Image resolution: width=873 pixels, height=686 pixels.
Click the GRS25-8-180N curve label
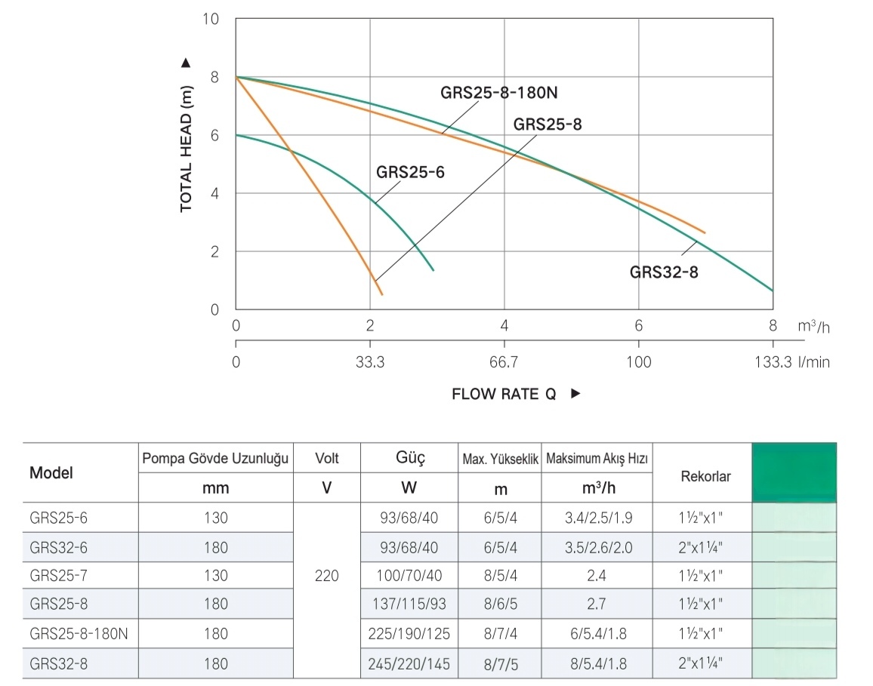pos(502,93)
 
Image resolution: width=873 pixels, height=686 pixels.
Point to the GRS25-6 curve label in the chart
pos(410,172)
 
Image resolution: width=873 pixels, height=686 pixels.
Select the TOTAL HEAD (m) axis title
pos(187,136)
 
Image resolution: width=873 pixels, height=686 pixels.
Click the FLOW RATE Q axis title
pos(504,394)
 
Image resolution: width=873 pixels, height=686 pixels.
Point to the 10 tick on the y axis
pos(211,18)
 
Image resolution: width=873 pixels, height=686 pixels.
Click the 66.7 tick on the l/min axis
pos(504,362)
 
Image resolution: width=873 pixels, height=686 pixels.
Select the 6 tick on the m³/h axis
pos(639,326)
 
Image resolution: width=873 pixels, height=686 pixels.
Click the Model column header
pos(51,473)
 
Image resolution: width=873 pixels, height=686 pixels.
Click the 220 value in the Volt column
pos(327,576)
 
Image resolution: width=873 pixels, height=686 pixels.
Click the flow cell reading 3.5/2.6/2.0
pos(596,547)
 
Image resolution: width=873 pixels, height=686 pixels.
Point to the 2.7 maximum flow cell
pos(596,604)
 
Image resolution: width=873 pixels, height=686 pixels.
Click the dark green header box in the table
pos(794,472)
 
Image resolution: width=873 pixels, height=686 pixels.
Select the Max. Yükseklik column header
pos(500,459)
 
